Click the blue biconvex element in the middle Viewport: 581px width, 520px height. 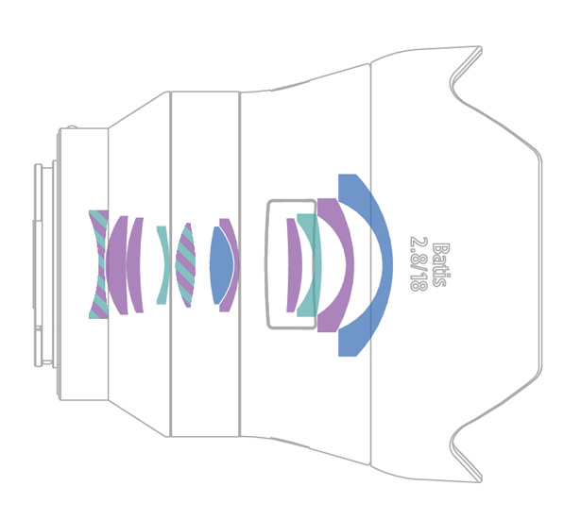point(221,265)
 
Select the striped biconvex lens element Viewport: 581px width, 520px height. point(185,265)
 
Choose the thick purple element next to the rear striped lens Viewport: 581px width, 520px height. point(117,265)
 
